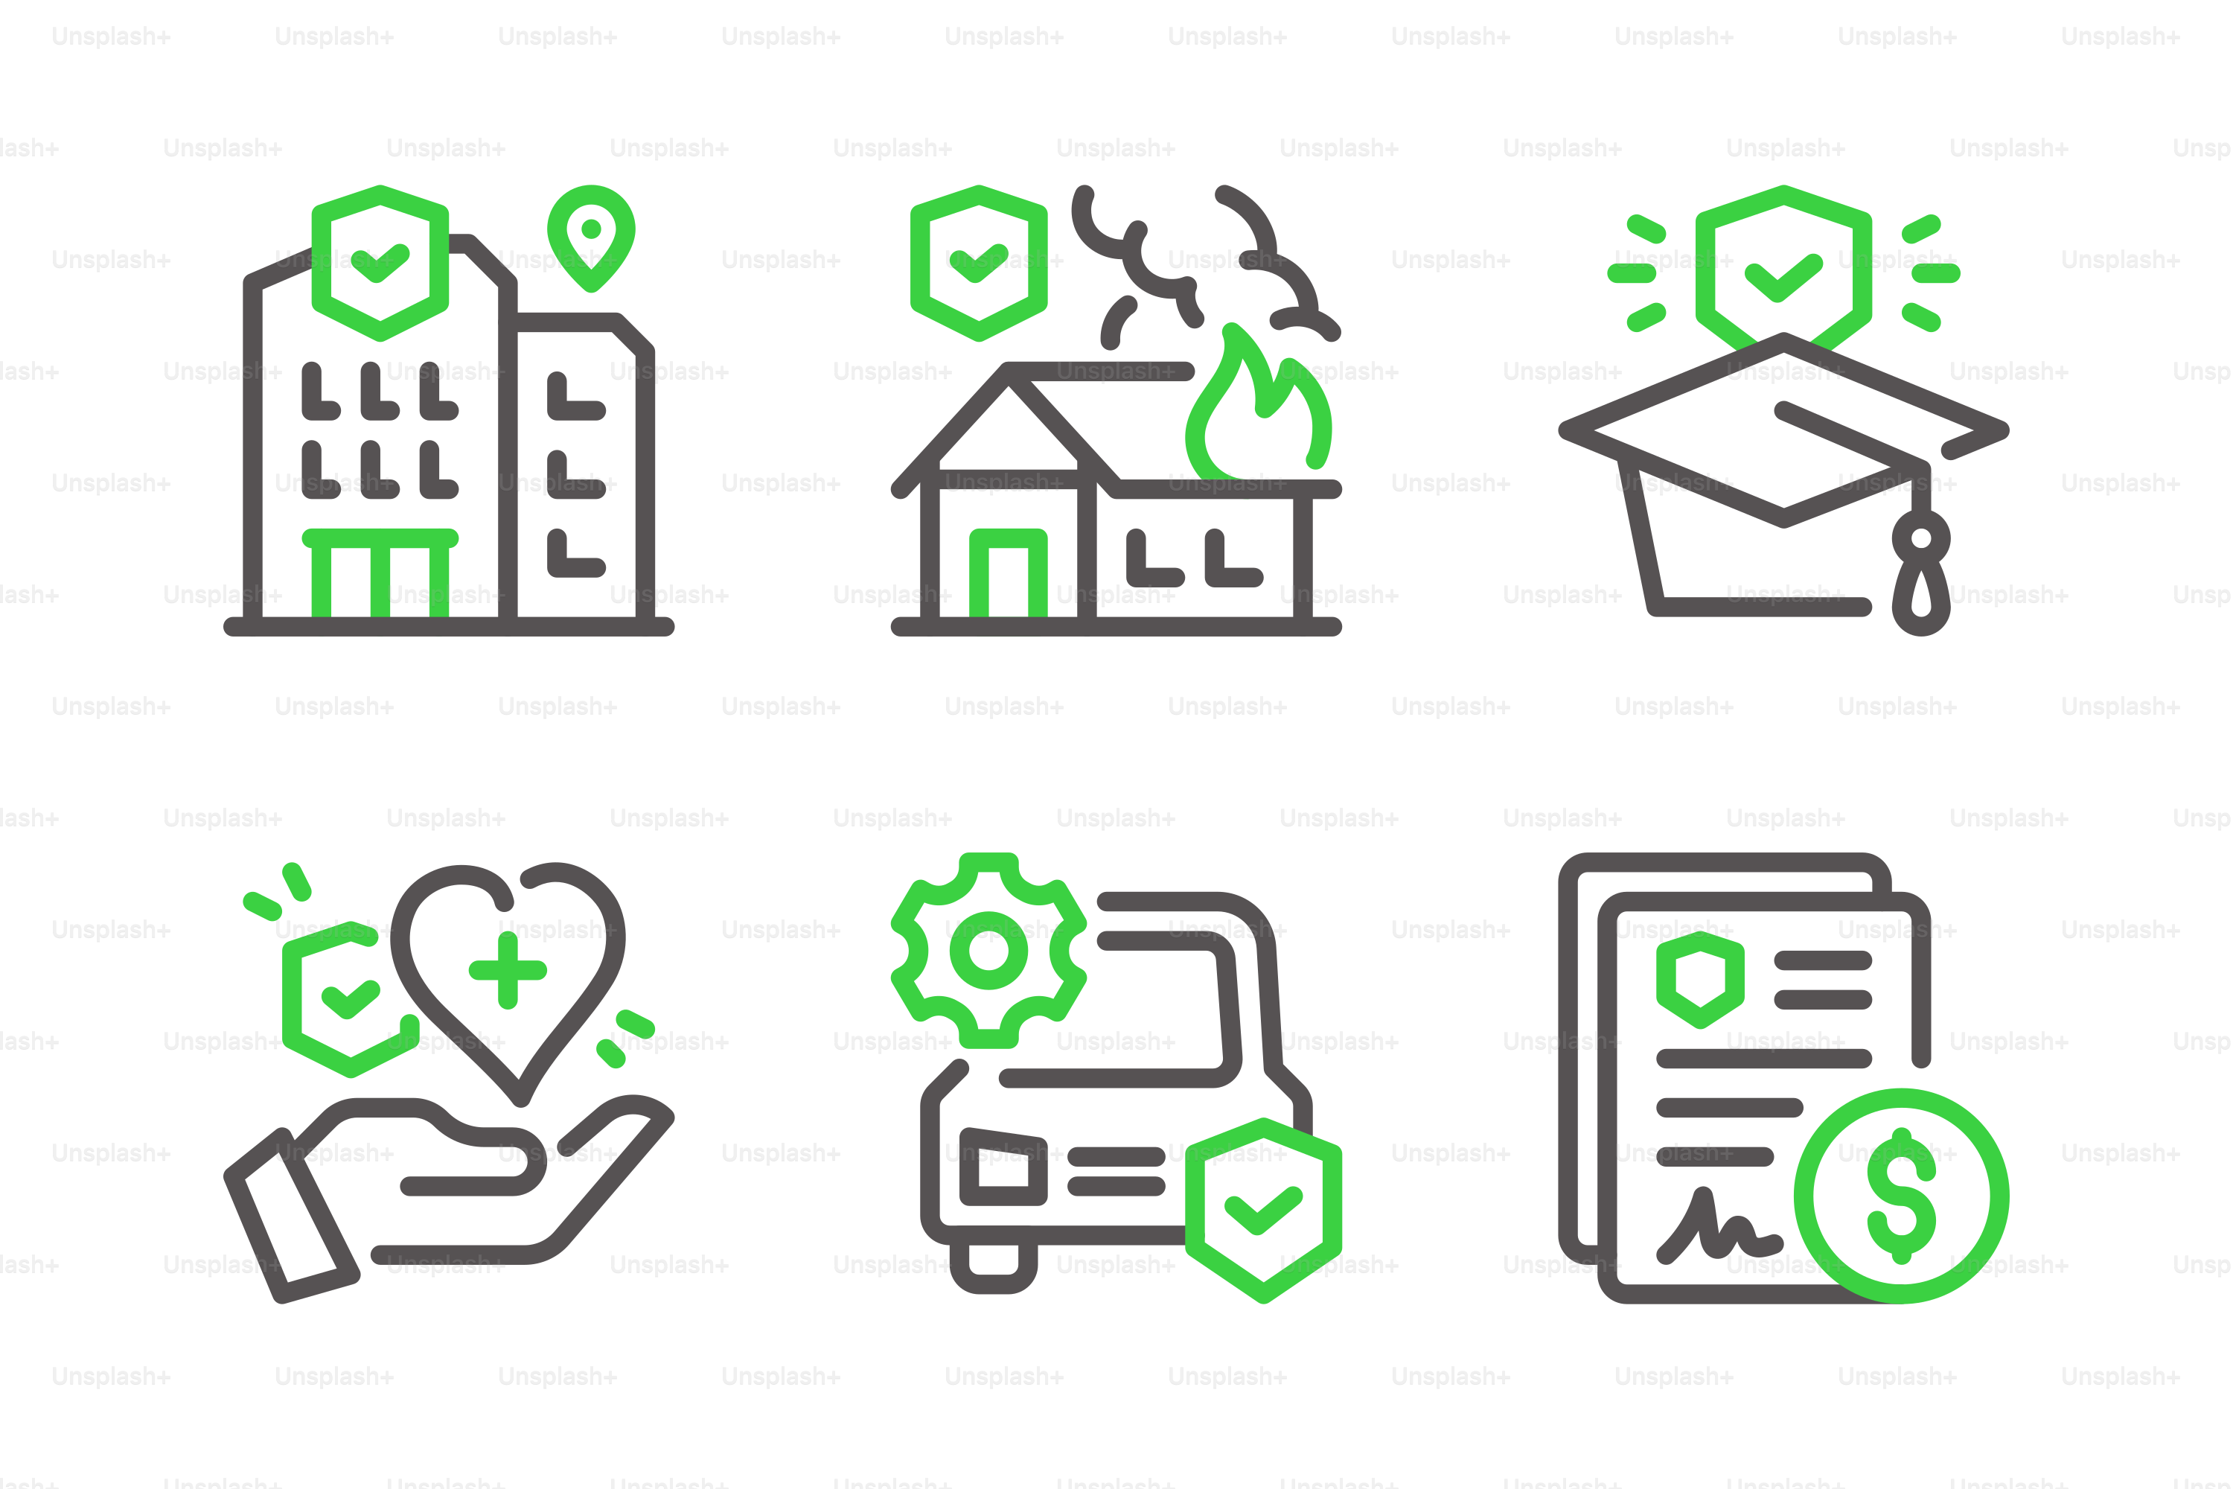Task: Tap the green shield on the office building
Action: [380, 263]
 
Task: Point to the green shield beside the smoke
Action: [978, 263]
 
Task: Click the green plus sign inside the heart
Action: [508, 969]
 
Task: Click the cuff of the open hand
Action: [290, 1217]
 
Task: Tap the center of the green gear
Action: [988, 951]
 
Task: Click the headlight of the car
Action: [1003, 1166]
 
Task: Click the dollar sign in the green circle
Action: [1901, 1196]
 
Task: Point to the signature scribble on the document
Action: [1719, 1225]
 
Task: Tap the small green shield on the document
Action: [1700, 979]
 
